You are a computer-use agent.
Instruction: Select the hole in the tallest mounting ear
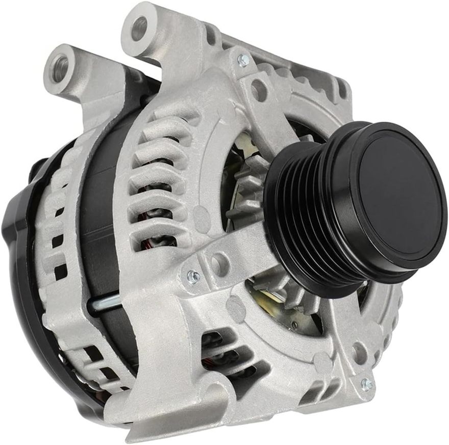(x=139, y=28)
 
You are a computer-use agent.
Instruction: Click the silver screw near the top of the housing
(x=243, y=60)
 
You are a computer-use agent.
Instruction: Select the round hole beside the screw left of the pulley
(x=219, y=263)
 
